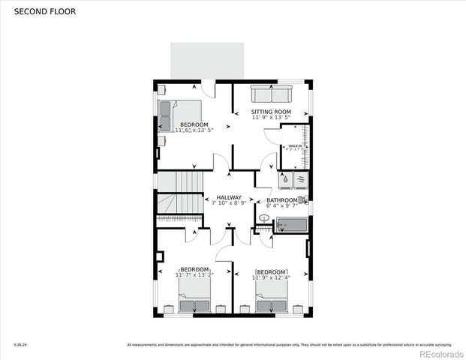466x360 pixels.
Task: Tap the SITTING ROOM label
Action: tap(271, 111)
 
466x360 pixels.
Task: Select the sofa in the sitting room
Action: tap(271, 94)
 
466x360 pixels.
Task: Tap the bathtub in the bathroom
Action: tap(291, 225)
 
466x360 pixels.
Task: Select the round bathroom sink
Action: tap(264, 220)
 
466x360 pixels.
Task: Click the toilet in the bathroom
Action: tap(302, 200)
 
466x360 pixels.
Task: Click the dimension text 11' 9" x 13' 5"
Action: tap(271, 118)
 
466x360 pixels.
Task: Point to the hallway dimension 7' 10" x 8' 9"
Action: tap(228, 203)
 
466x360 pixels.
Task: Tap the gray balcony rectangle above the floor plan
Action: tap(207, 60)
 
